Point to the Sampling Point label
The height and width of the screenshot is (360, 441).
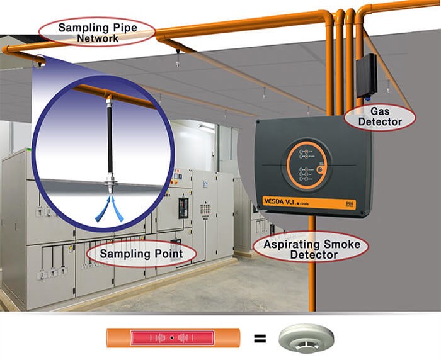pyautogui.click(x=140, y=254)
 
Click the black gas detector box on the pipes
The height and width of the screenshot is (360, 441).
pyautogui.click(x=366, y=74)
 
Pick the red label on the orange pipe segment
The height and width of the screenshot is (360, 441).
pyautogui.click(x=171, y=339)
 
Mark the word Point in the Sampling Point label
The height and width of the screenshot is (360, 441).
pyautogui.click(x=163, y=254)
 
